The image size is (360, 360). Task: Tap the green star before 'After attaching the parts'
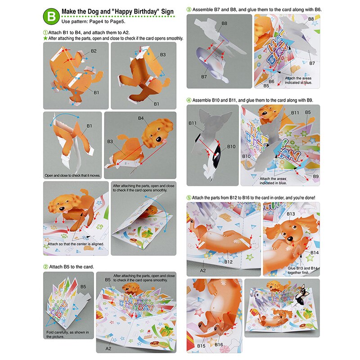pos(45,39)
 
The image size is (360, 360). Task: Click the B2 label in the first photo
pos(94,51)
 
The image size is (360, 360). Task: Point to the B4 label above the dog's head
pos(141,118)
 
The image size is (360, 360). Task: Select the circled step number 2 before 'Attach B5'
pos(45,266)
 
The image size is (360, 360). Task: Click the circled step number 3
pos(189,9)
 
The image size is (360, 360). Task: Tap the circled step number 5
pos(189,198)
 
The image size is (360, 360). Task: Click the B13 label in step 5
pos(291,214)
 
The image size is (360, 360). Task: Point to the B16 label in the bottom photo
pos(219,345)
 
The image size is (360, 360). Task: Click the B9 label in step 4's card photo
pos(315,176)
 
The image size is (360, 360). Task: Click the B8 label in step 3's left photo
pos(224,23)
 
